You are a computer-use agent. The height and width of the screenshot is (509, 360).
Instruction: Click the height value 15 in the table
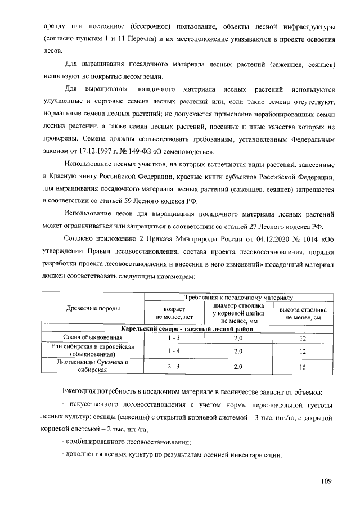[303, 367]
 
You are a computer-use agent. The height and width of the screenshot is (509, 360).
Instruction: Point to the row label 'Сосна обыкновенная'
[93, 337]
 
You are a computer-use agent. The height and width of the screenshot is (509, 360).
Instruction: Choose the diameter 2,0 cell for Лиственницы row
[238, 367]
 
